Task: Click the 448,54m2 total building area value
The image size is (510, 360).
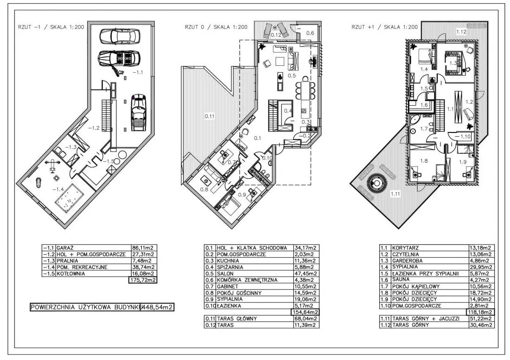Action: click(158, 307)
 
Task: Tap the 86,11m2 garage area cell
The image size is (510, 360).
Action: click(143, 248)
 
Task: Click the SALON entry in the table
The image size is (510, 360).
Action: click(225, 273)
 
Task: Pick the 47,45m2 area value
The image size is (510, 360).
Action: click(305, 273)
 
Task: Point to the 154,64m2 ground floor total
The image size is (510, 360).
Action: click(305, 312)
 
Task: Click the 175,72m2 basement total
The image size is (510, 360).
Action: click(143, 280)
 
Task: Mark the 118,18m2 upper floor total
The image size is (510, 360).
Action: click(480, 312)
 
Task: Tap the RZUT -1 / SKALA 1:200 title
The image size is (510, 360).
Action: click(51, 27)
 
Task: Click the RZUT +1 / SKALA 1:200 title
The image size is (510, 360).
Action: click(384, 27)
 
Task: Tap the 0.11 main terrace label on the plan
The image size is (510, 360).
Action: click(210, 115)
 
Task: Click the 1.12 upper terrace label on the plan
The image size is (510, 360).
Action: click(461, 32)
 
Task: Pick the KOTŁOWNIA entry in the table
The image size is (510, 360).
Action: click(70, 273)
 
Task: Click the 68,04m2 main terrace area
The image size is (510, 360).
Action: click(305, 318)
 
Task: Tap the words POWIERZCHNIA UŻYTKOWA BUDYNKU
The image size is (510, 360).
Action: click(85, 307)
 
